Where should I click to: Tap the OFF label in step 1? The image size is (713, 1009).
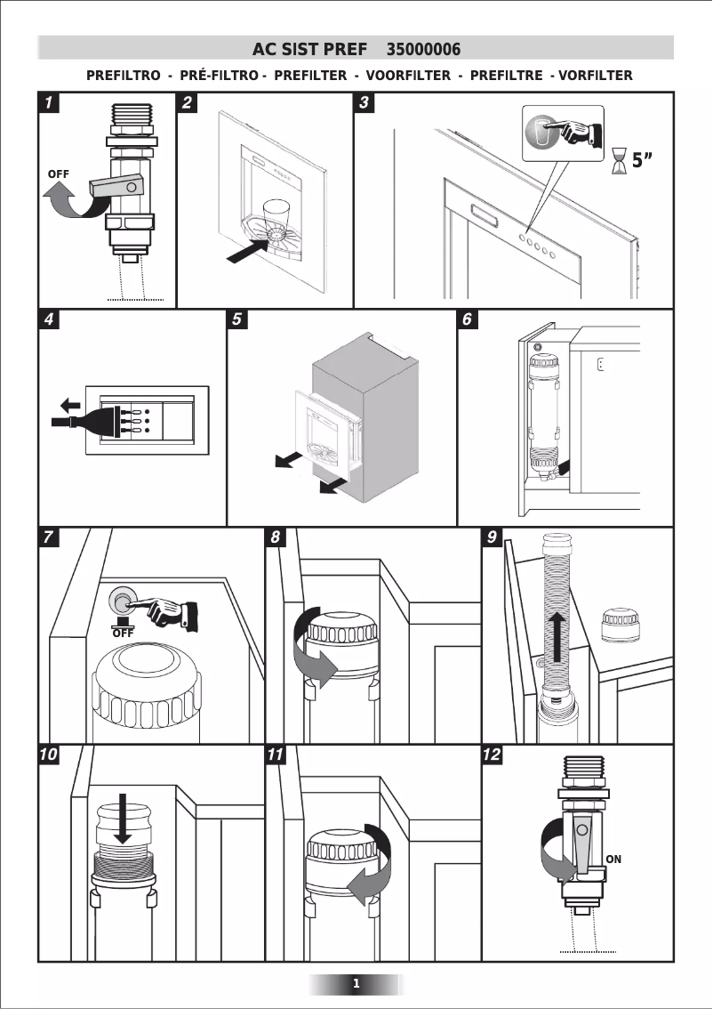58,172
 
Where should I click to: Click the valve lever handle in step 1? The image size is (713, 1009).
116,187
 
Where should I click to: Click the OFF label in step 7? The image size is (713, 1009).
123,633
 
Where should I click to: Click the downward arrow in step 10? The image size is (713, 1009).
124,816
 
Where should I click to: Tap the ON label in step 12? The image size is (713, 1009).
613,860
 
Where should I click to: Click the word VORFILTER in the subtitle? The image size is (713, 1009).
595,76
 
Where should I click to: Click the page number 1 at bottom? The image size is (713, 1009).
356,983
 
